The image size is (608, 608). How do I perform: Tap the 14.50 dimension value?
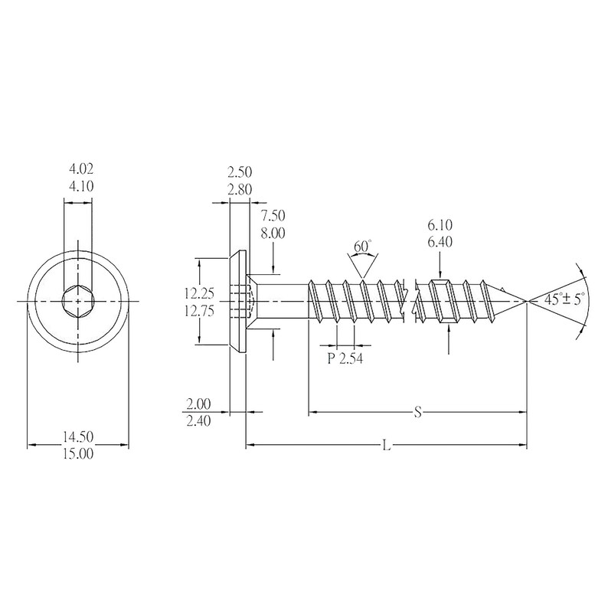click(77, 436)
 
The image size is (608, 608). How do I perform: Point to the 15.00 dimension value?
click(77, 453)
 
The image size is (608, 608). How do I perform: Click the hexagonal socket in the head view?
click(77, 301)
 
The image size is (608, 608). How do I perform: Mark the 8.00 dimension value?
click(273, 237)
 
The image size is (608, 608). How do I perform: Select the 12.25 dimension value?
click(198, 293)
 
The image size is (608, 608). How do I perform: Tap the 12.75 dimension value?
click(198, 310)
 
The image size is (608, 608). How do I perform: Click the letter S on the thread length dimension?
click(418, 413)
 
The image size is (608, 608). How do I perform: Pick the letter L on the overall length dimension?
click(387, 445)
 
